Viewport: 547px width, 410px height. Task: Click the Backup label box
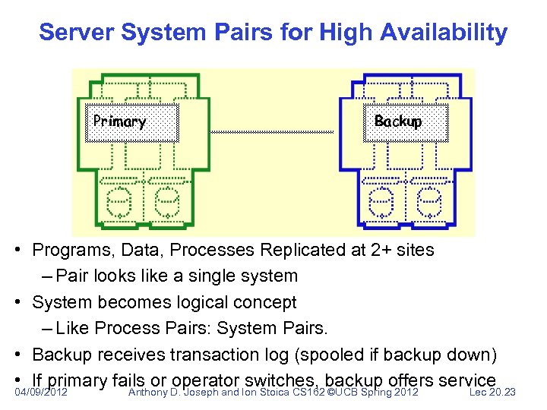(x=406, y=123)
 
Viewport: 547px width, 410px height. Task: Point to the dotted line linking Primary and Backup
(x=271, y=132)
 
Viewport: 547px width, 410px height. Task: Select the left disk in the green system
(x=119, y=202)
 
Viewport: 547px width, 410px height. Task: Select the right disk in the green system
(x=166, y=202)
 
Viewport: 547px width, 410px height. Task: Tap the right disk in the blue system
(x=429, y=202)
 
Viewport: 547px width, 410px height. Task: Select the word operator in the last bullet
(x=207, y=380)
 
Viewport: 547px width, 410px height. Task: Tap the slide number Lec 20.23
(x=492, y=393)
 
